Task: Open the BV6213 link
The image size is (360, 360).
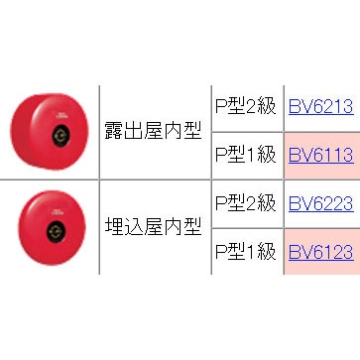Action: [319, 107]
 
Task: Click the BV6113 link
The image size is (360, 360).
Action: [319, 155]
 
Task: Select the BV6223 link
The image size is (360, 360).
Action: [319, 203]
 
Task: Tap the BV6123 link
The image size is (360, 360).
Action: [319, 252]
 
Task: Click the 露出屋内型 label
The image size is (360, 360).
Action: [153, 131]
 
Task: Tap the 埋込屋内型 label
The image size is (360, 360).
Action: [153, 228]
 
